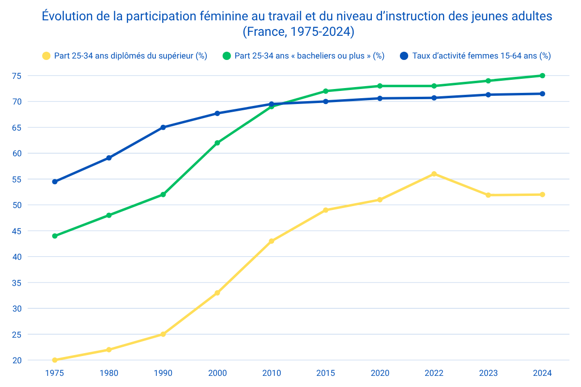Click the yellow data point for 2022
pos(434,174)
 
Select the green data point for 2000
pos(217,143)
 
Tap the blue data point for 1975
pos(55,182)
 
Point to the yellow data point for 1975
pos(55,360)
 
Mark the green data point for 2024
pos(542,75)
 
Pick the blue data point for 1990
pos(163,127)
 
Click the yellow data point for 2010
pos(272,241)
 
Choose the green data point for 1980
pos(109,215)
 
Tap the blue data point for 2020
pos(380,98)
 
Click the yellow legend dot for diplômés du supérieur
pos(46,56)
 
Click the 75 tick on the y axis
pos(30,75)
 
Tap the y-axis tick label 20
pos(30,360)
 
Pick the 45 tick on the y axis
pos(30,231)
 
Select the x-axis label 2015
pos(326,373)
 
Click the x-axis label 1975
pos(55,373)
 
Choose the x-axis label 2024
pos(542,373)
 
